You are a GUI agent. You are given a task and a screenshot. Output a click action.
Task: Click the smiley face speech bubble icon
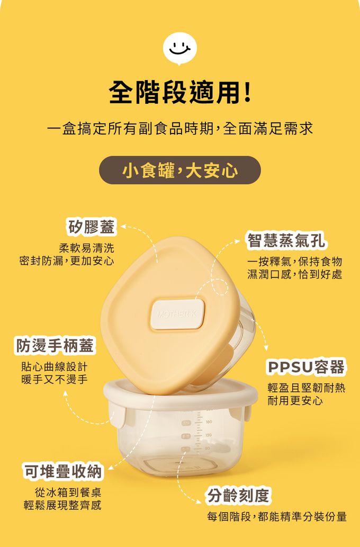[180, 49]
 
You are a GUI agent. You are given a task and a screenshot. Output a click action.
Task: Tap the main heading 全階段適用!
[180, 93]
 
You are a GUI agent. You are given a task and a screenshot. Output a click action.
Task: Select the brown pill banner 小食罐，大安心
[180, 170]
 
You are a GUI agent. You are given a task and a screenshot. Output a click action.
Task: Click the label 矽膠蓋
[91, 227]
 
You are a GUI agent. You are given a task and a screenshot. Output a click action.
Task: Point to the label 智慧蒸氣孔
[286, 241]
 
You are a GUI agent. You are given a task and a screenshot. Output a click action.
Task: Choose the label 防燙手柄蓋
[54, 346]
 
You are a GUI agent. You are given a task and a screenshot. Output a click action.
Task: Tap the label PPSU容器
[306, 367]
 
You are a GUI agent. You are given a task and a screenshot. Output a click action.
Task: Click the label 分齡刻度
[238, 496]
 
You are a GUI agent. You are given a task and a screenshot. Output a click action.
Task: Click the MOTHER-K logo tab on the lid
[177, 315]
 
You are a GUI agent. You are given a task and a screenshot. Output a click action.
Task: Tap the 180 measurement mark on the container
[209, 422]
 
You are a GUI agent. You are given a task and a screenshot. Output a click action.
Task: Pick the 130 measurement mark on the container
[209, 435]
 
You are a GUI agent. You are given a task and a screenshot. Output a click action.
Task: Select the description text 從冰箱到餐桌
[68, 492]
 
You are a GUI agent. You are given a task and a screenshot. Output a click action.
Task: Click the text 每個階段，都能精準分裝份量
[277, 516]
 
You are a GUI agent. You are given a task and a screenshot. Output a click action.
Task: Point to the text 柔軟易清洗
[86, 248]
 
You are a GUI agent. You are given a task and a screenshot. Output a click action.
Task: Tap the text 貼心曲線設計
[55, 366]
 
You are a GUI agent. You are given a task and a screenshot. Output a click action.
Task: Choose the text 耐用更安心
[295, 400]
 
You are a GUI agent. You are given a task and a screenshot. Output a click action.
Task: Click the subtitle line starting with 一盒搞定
[180, 129]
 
